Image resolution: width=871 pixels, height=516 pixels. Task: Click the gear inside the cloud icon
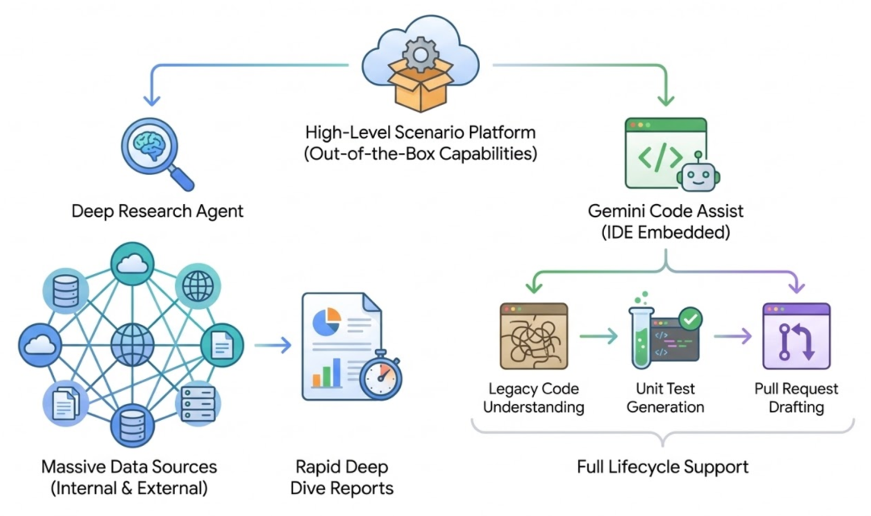click(x=419, y=55)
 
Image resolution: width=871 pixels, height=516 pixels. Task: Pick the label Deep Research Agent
click(x=157, y=212)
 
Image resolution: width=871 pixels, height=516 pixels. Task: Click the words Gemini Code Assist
click(x=665, y=212)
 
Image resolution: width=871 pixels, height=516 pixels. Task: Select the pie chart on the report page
click(x=326, y=322)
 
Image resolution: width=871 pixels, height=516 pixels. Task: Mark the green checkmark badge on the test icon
click(x=690, y=319)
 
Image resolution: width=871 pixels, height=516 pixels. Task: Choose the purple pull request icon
click(x=796, y=336)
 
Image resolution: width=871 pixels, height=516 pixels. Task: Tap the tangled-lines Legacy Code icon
click(x=533, y=336)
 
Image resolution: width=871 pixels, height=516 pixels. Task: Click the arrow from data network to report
click(x=273, y=346)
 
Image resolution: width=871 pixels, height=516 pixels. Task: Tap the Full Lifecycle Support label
click(x=663, y=467)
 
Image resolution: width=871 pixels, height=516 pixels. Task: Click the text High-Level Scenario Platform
click(x=420, y=131)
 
